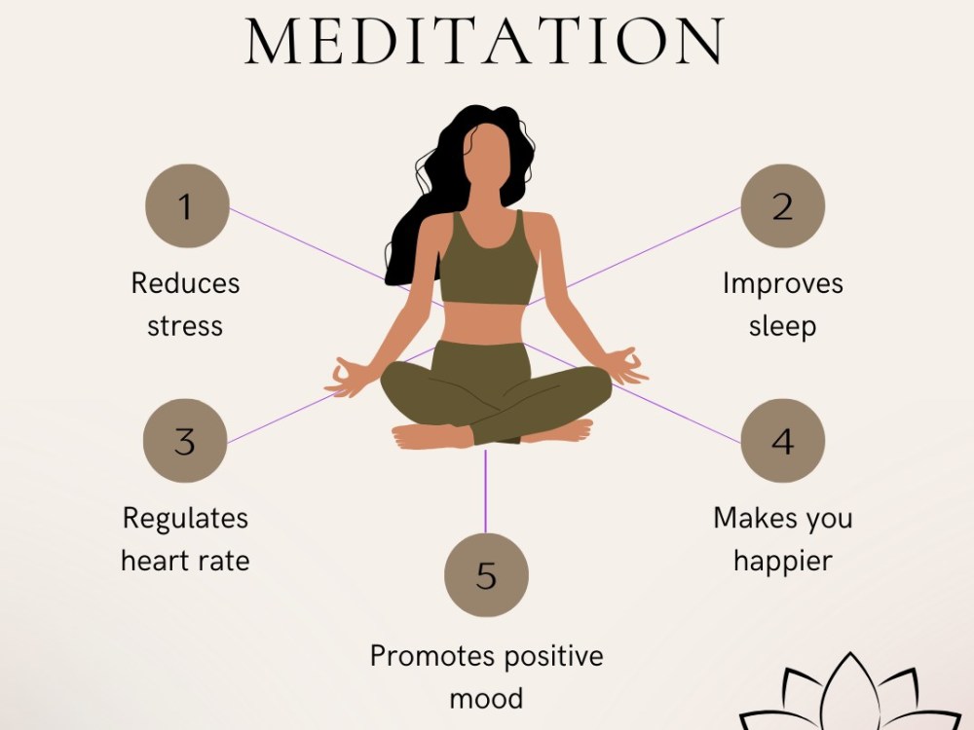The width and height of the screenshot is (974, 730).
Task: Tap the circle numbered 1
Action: [x=187, y=206]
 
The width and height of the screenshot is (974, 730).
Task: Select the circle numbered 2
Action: [x=783, y=206]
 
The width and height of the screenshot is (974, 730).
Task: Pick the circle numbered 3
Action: [x=185, y=441]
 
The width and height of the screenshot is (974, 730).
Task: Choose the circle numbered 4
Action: [x=783, y=441]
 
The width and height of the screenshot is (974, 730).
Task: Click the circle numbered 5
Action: [x=486, y=575]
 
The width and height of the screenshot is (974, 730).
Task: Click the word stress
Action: [x=185, y=326]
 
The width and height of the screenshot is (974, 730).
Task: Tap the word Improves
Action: [x=783, y=284]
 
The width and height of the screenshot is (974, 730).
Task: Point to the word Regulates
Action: [x=185, y=519]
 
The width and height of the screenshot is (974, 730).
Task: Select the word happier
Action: [x=783, y=562]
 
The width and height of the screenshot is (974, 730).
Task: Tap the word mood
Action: [x=486, y=698]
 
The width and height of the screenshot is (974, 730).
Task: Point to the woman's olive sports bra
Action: [x=489, y=261]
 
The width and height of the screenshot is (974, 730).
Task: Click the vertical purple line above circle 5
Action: [x=485, y=492]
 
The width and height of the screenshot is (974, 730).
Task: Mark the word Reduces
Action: [x=185, y=283]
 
